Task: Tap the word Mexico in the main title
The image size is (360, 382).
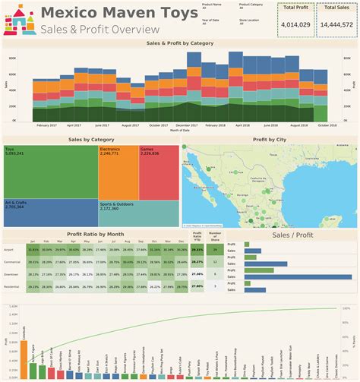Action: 72,12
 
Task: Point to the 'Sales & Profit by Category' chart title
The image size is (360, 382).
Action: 179,44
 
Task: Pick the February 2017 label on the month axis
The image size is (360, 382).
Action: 48,125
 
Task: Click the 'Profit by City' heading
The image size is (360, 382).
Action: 270,140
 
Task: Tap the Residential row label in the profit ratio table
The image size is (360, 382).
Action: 13,286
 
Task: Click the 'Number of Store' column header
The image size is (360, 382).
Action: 216,237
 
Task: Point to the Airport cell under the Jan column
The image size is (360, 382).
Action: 33,248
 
